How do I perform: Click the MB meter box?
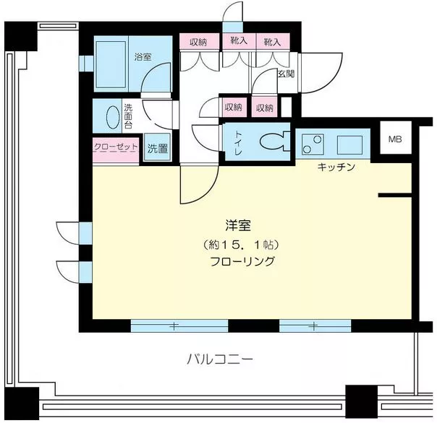396,138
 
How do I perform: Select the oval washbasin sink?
113,118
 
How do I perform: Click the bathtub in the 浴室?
111,64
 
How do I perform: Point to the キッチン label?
336,167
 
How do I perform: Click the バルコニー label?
220,359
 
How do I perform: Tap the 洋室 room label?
238,225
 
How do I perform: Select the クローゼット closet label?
116,147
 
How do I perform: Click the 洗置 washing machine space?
158,148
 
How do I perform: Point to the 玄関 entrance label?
287,74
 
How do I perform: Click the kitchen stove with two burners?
313,144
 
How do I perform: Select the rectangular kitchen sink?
349,145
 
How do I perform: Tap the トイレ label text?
239,144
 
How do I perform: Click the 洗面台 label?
128,116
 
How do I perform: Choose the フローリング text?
242,262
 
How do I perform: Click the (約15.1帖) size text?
242,245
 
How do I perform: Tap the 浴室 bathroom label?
143,57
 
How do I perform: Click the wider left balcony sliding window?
179,326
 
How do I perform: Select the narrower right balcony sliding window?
315,326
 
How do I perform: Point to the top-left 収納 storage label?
198,43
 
